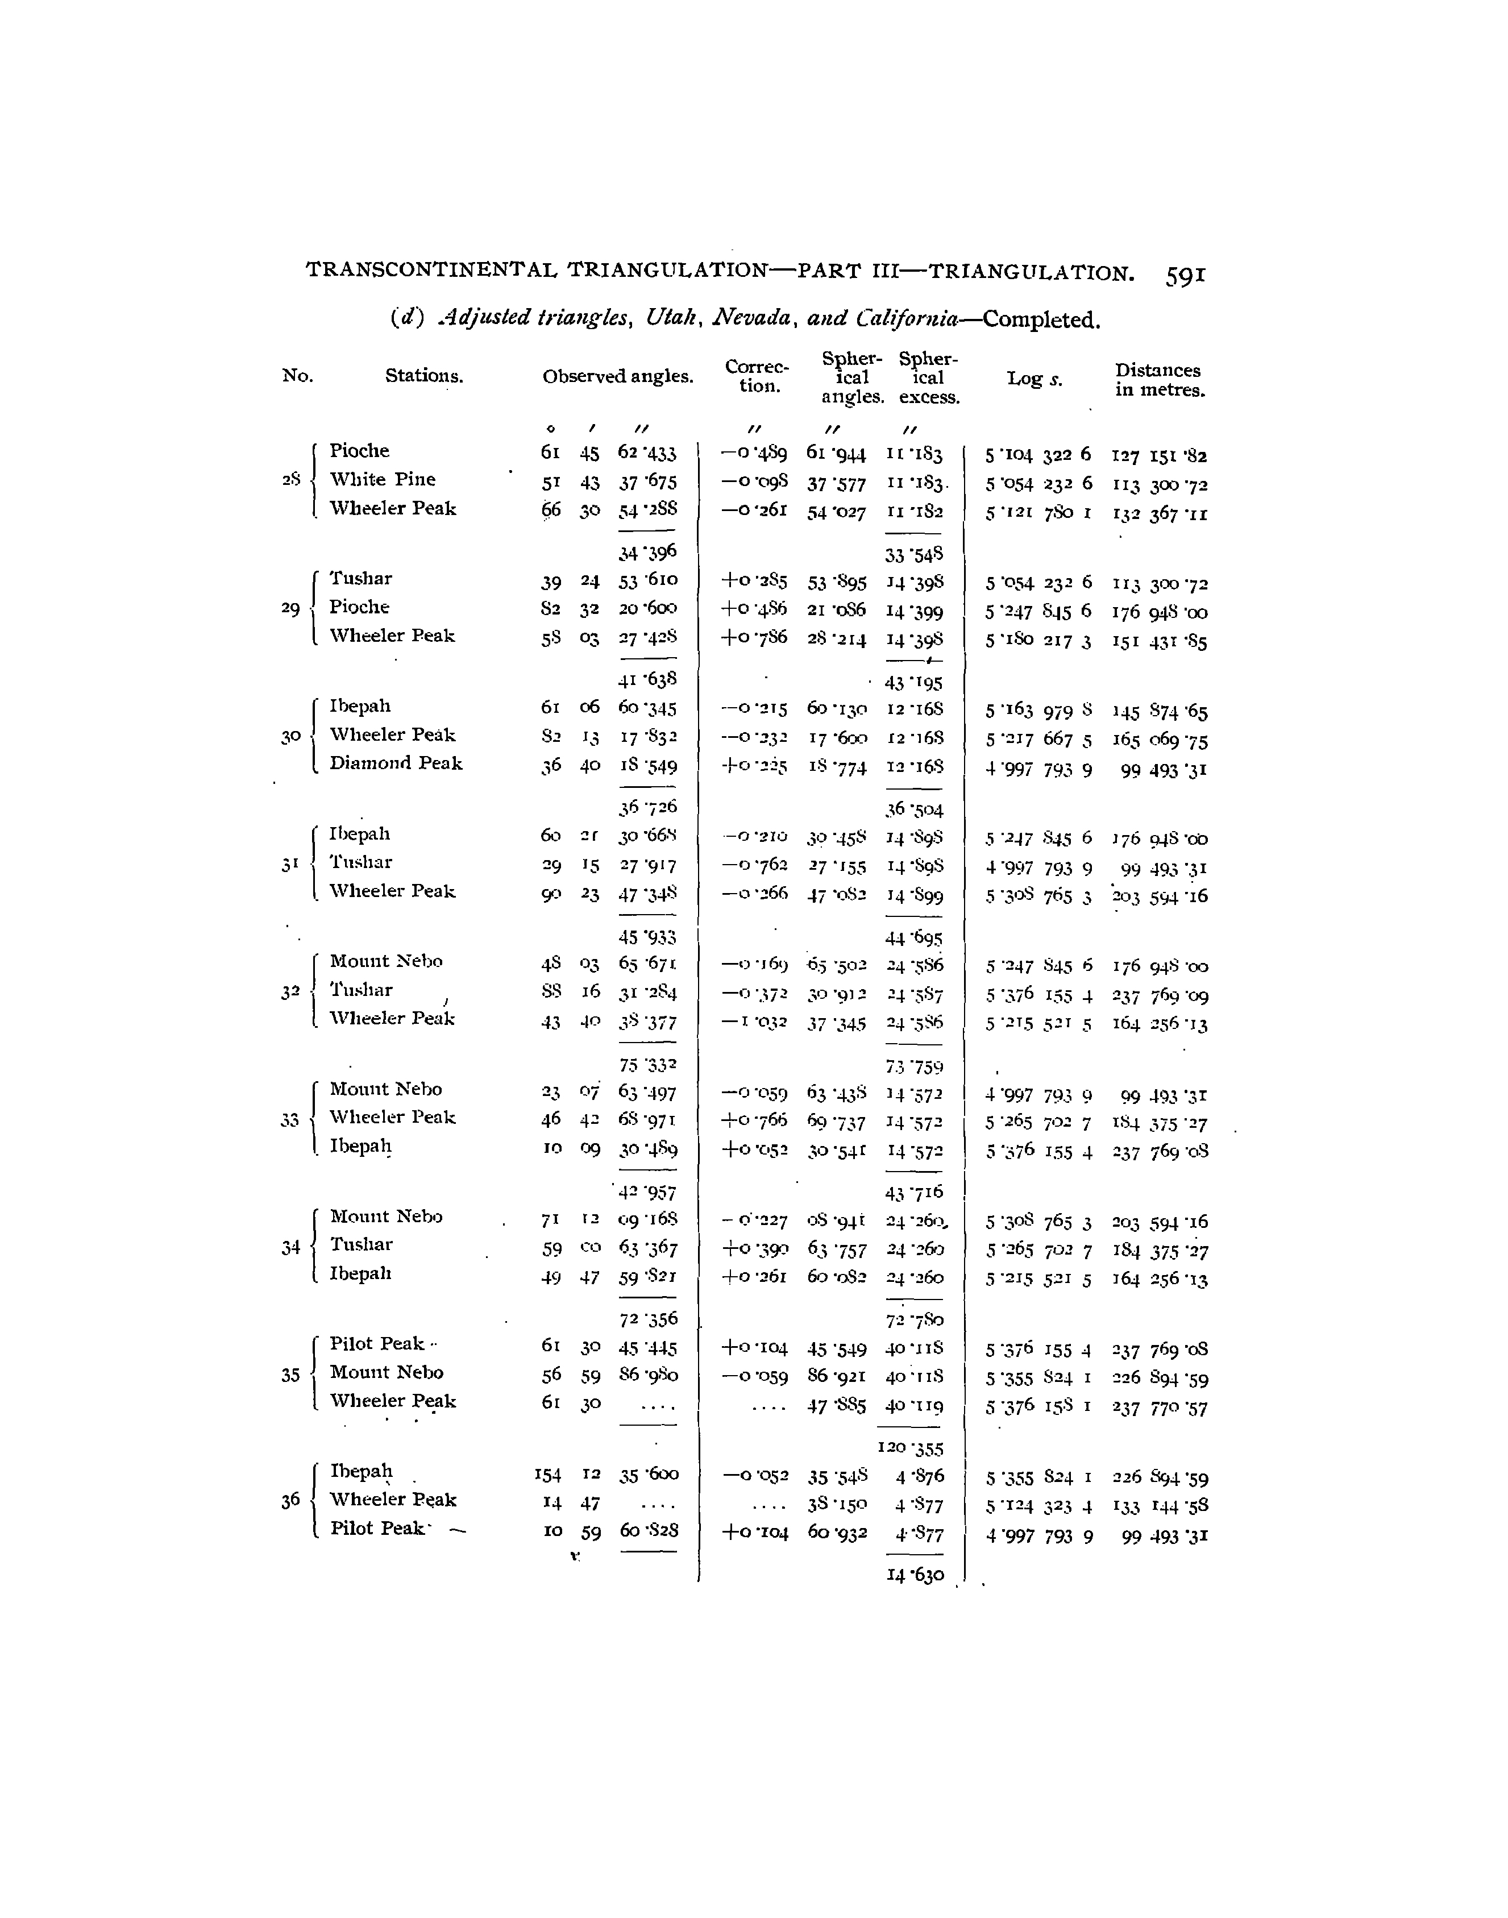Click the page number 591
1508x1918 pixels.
[x=1184, y=276]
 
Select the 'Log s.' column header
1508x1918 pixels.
[x=1034, y=379]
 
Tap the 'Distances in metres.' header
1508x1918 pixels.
[x=1158, y=380]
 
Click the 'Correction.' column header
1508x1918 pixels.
[x=756, y=376]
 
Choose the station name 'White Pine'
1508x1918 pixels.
[x=383, y=480]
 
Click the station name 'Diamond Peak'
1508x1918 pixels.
[x=396, y=763]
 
